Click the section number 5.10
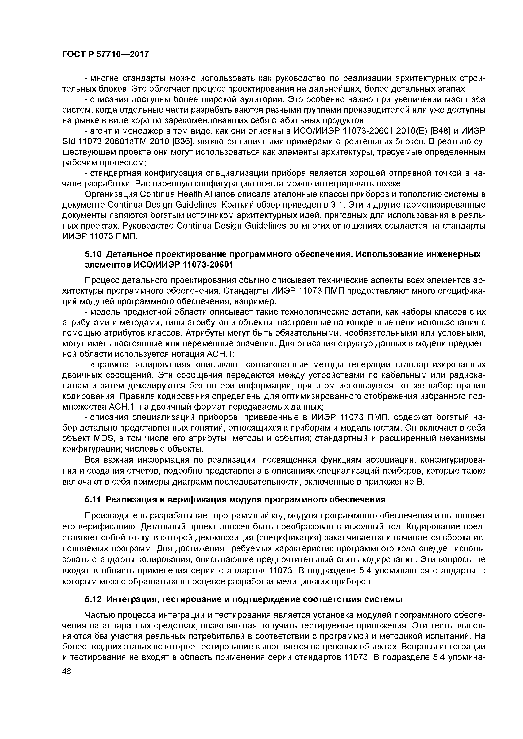coord(93,254)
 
